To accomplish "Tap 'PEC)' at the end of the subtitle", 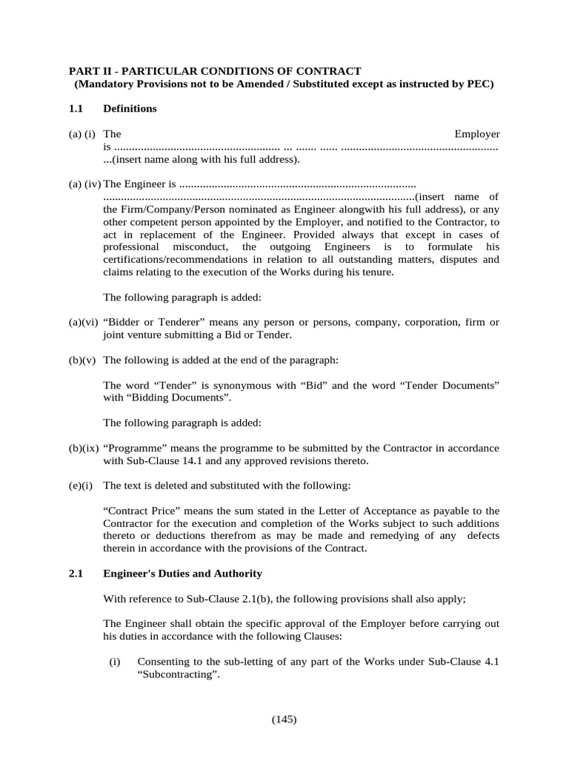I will click(479, 84).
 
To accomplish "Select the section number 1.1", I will click(77, 108).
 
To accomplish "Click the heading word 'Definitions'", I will click(130, 108).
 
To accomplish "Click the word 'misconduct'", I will click(202, 246).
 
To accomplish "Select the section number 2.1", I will click(77, 574).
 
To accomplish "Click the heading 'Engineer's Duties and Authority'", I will click(182, 574).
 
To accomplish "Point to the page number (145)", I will click(284, 720).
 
